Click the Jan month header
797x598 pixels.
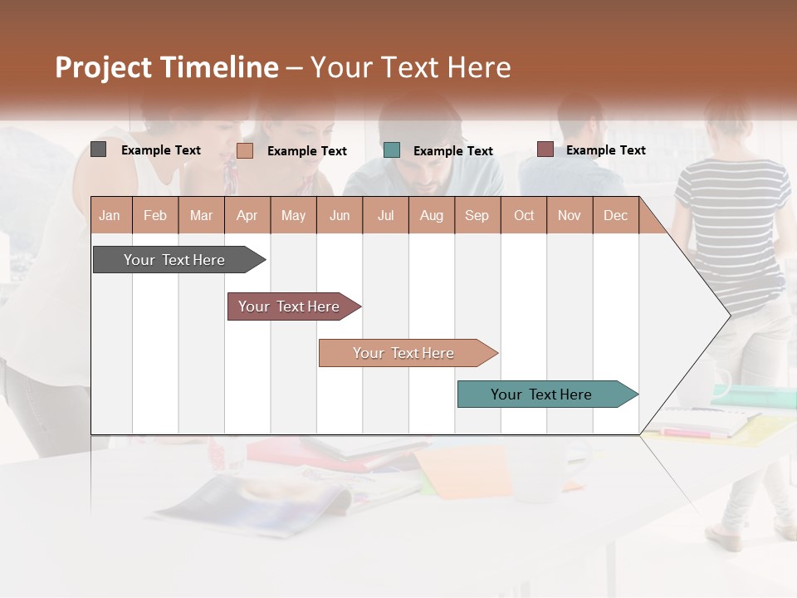[110, 215]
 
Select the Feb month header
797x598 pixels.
[155, 215]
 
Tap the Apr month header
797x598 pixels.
[247, 215]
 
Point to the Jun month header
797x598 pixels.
[340, 215]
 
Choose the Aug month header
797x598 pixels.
[431, 215]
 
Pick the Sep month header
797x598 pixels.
[477, 215]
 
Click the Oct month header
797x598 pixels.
[524, 215]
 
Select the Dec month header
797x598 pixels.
[615, 215]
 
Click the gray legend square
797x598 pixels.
[98, 149]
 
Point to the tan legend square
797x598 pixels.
[245, 150]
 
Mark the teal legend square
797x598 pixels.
[392, 150]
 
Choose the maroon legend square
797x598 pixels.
[545, 149]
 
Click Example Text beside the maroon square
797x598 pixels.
[605, 150]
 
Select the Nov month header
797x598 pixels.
[569, 215]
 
